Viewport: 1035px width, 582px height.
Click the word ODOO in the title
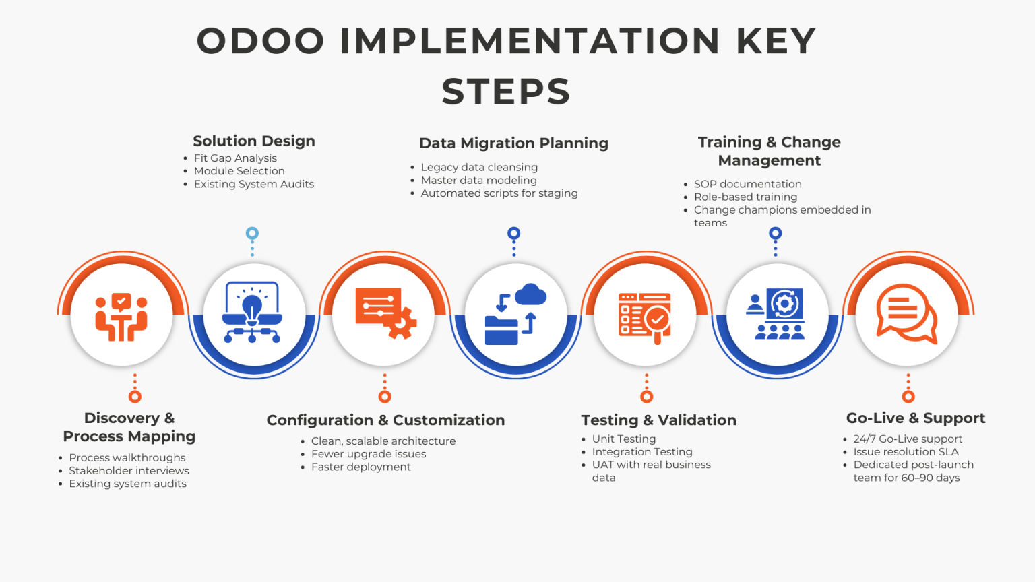click(261, 41)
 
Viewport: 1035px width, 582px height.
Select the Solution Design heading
click(254, 141)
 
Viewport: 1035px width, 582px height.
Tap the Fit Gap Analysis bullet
click(235, 158)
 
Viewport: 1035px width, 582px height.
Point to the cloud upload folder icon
click(515, 314)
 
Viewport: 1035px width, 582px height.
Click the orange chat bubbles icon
click(906, 314)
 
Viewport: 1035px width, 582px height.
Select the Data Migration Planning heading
click(513, 143)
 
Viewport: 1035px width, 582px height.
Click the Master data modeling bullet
click(478, 181)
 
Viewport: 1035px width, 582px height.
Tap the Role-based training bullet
click(745, 197)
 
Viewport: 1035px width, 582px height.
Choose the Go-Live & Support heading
click(915, 418)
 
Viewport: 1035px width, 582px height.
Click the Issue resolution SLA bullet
click(906, 452)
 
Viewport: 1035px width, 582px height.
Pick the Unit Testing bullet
click(623, 439)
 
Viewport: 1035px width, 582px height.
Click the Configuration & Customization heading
click(385, 420)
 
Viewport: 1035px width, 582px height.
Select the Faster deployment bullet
click(360, 467)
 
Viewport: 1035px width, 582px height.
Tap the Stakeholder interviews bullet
click(129, 471)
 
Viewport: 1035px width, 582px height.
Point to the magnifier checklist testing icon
click(645, 317)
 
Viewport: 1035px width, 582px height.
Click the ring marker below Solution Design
click(252, 234)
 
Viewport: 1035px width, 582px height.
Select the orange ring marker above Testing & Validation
click(647, 397)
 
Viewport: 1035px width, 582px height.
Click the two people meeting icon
click(121, 317)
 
